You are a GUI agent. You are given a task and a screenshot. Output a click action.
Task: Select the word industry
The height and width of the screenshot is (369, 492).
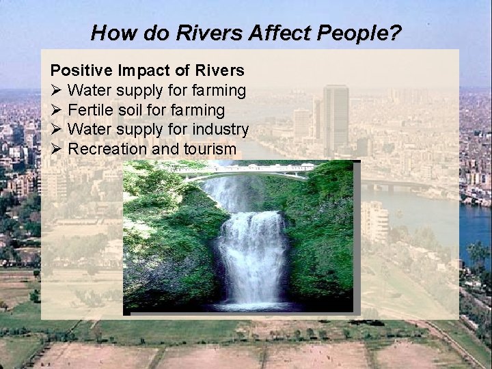(x=219, y=129)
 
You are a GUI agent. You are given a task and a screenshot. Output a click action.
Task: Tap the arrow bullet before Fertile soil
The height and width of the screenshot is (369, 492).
(x=57, y=109)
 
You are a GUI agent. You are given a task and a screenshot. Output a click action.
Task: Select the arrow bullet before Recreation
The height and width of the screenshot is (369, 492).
(x=57, y=149)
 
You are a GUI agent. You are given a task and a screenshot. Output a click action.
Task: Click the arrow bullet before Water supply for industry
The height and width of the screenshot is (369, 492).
(x=57, y=129)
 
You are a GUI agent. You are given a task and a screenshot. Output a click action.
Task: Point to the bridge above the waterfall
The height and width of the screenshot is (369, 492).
(x=239, y=174)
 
